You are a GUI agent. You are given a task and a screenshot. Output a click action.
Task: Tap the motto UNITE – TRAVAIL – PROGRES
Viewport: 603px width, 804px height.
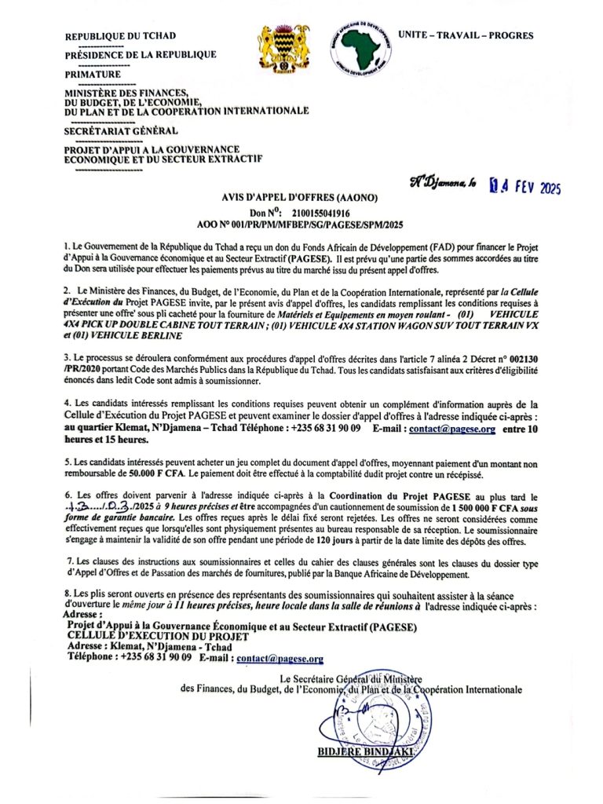tap(466, 35)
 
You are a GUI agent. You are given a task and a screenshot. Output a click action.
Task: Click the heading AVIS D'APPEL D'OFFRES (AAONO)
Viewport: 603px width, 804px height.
tap(301, 199)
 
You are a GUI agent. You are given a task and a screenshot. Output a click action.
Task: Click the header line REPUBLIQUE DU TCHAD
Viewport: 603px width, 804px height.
tap(120, 36)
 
